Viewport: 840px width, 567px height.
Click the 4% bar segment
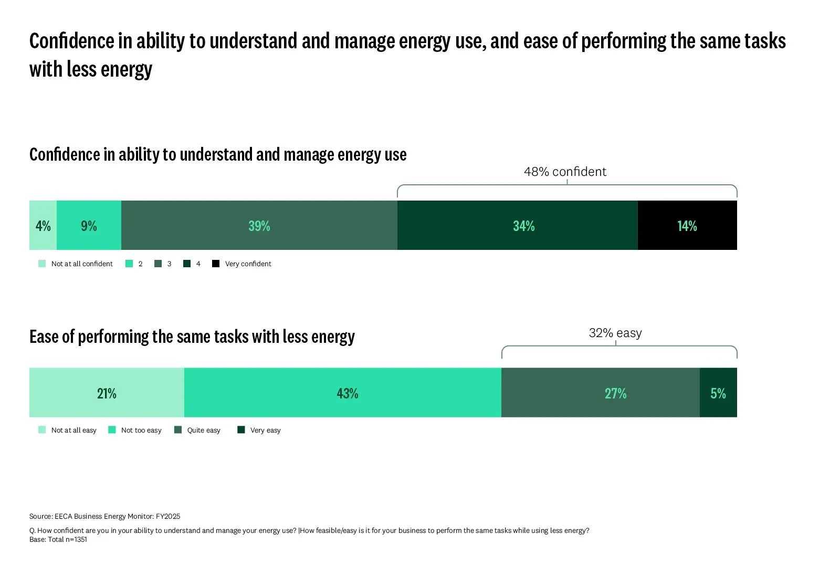pos(43,225)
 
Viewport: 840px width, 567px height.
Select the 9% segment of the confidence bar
pos(89,225)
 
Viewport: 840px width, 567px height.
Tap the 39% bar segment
pos(259,225)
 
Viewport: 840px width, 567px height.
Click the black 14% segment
pos(687,225)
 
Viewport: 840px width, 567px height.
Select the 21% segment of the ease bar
pos(107,393)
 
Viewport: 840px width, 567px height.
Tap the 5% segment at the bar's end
pos(718,393)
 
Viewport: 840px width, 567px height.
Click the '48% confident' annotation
pos(565,172)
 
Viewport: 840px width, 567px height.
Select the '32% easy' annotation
pos(615,333)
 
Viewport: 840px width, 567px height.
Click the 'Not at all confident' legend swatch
pos(42,264)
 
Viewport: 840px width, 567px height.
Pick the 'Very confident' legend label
pos(248,264)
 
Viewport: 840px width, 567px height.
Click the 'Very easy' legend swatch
pos(241,430)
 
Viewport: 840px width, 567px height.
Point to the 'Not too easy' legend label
pos(141,430)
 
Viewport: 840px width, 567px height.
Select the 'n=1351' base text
pos(76,539)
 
